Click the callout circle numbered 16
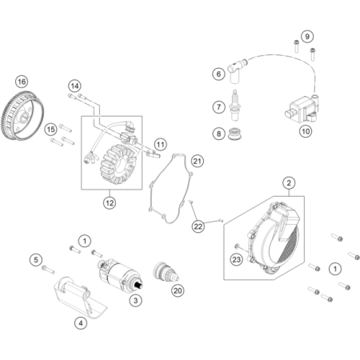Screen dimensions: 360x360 (22, 82)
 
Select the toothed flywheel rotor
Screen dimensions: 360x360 (22, 116)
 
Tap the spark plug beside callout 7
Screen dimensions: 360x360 (234, 106)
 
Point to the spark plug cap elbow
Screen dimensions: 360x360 (236, 70)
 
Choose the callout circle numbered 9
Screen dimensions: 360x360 (307, 37)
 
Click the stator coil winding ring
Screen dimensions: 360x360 (118, 166)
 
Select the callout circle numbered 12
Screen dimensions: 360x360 (110, 203)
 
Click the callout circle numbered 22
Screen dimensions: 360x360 (198, 226)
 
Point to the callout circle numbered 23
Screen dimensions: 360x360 (237, 259)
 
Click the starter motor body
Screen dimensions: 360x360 (120, 274)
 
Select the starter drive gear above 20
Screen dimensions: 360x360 (166, 272)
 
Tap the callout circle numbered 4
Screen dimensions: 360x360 (81, 323)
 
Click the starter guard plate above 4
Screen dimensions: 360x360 (80, 298)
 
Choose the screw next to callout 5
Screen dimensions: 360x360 (48, 270)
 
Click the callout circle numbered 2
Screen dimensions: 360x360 (289, 183)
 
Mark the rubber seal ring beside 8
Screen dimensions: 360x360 (235, 134)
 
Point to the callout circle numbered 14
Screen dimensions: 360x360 (74, 86)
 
